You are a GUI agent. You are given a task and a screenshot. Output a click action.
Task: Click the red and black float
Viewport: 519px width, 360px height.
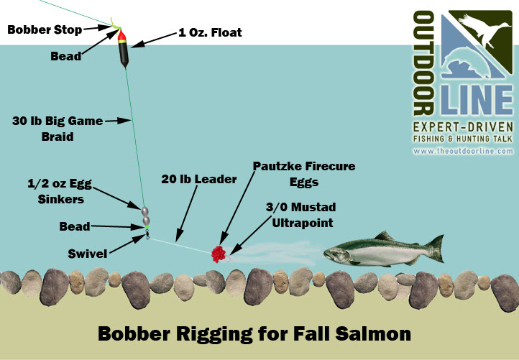123,48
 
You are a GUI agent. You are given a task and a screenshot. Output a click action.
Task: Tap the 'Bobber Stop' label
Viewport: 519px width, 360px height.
45,29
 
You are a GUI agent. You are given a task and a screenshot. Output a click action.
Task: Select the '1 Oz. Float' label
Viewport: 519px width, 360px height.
210,32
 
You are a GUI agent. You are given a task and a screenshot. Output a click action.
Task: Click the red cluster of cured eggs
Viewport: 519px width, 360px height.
219,254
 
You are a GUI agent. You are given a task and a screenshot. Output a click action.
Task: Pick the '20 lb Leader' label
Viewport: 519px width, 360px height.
199,180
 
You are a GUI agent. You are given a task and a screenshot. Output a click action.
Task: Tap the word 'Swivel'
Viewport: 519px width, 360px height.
88,254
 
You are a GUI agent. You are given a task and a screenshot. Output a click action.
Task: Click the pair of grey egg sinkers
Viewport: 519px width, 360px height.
145,216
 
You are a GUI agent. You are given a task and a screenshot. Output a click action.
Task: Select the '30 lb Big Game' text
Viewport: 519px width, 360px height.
58,121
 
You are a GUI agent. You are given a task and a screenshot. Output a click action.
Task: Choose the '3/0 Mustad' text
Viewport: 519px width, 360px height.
301,207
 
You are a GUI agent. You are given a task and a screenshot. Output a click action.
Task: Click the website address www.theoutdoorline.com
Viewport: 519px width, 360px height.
463,151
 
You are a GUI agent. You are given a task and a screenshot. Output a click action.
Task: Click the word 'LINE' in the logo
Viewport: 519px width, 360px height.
477,100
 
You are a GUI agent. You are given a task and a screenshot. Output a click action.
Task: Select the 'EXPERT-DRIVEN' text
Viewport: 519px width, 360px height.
463,127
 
